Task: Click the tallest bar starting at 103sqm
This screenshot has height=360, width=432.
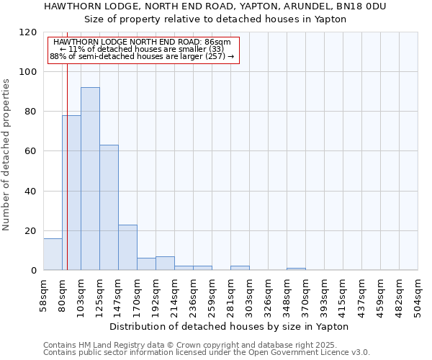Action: (x=90, y=179)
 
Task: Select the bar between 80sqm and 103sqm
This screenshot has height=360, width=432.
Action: (x=71, y=192)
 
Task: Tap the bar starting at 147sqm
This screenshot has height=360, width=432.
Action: (x=127, y=247)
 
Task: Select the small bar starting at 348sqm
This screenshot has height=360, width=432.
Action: (x=296, y=269)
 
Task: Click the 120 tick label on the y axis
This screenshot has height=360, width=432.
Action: (x=28, y=32)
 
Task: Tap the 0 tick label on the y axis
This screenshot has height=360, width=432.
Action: (x=34, y=271)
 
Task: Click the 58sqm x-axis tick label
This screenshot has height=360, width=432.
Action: (x=44, y=294)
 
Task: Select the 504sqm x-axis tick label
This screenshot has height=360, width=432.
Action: (x=418, y=294)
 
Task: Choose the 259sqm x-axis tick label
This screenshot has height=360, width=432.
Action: (x=212, y=294)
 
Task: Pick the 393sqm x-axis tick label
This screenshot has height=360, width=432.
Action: (x=324, y=294)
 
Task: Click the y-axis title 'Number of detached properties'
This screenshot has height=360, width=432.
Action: (x=7, y=155)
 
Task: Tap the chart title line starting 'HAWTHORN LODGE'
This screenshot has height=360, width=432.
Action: (x=215, y=6)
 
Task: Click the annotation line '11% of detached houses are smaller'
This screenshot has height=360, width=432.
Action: (x=142, y=49)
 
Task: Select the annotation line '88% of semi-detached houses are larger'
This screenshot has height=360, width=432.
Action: (x=142, y=56)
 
